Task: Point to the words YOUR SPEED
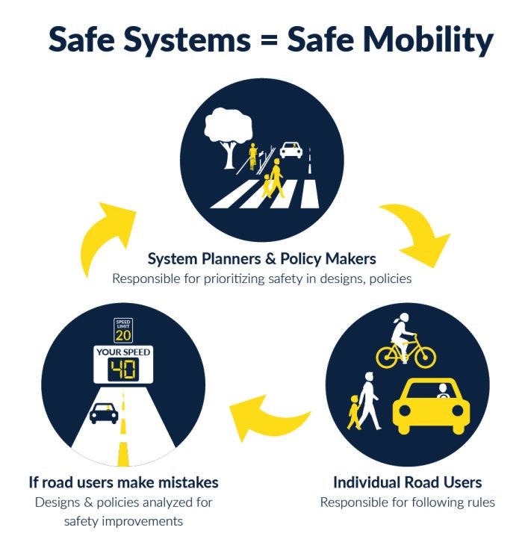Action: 122,352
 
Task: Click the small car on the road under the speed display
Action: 104,411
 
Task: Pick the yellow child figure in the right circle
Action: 353,413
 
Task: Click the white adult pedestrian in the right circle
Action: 368,399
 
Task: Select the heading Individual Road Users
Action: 407,482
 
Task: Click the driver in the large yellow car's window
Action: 442,390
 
